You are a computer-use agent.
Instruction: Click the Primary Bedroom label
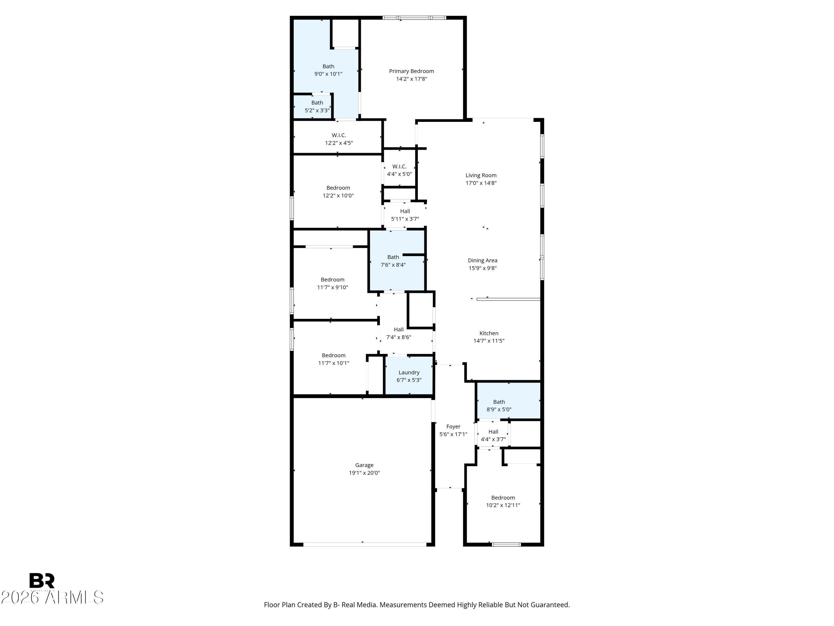[411, 71]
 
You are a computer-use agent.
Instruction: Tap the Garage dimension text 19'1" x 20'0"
[364, 473]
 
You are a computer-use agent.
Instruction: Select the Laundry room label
[409, 373]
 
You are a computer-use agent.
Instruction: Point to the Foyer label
[453, 427]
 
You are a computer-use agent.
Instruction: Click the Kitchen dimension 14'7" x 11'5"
[489, 341]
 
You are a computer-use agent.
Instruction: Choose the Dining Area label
[482, 260]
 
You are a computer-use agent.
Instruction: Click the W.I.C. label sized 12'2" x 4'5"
[339, 135]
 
